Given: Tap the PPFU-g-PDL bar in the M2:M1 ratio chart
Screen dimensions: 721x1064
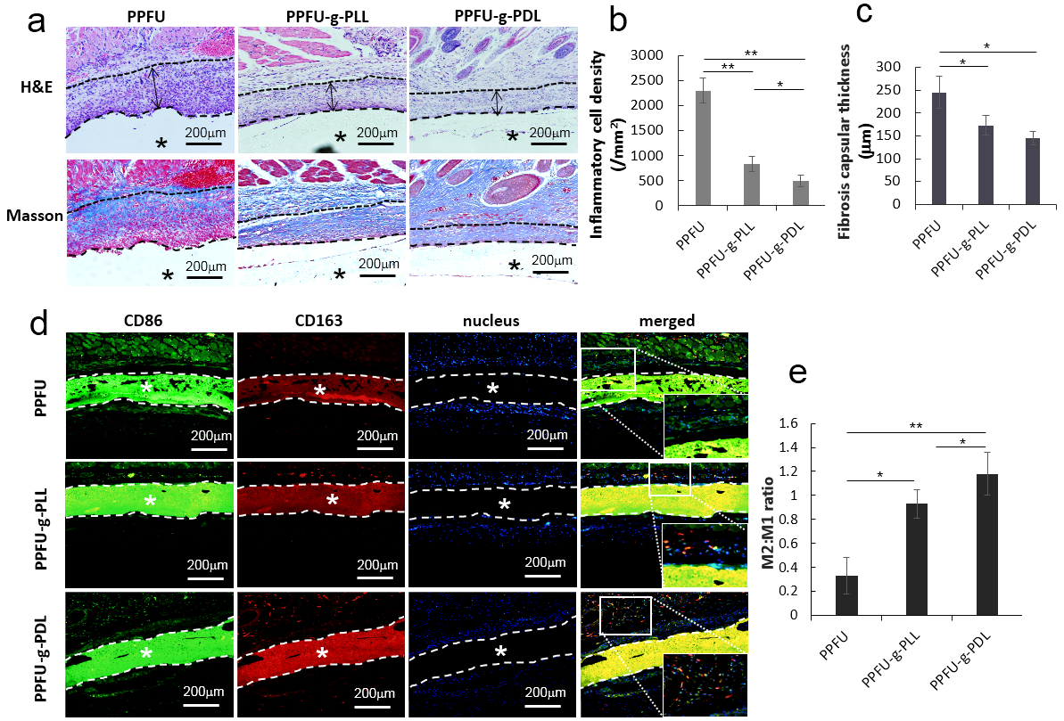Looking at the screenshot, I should (986, 544).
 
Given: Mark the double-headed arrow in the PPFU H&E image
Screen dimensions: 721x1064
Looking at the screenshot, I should (155, 89).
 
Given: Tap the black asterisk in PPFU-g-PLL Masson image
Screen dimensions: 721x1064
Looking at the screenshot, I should (340, 274).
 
